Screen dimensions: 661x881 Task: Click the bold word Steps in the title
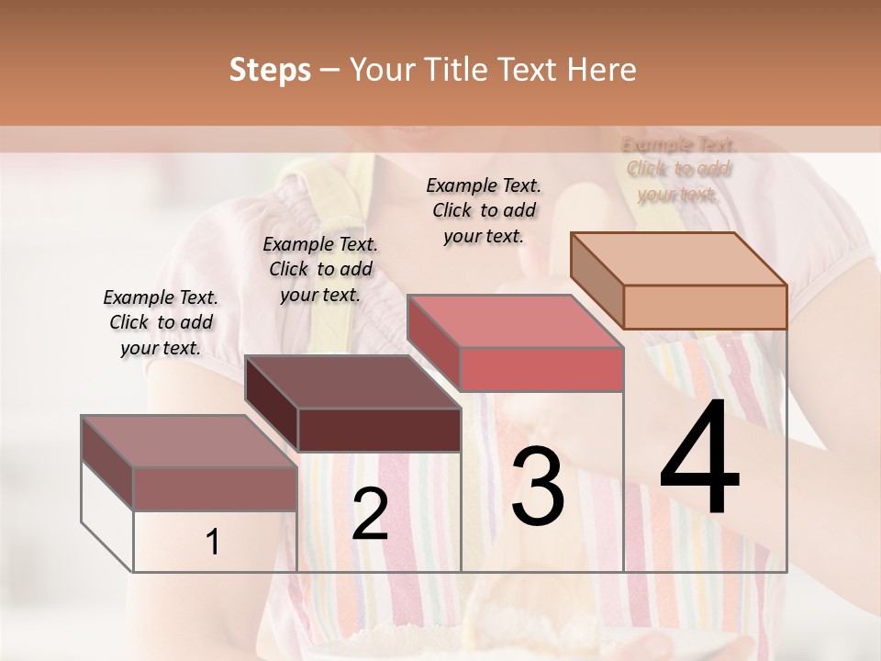pyautogui.click(x=270, y=70)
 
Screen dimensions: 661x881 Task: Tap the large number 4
pyautogui.click(x=699, y=460)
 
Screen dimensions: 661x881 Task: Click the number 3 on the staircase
pyautogui.click(x=538, y=487)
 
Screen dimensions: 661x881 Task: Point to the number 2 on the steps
pyautogui.click(x=370, y=514)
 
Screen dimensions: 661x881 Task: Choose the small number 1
pyautogui.click(x=213, y=543)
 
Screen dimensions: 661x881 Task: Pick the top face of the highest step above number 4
pyautogui.click(x=679, y=259)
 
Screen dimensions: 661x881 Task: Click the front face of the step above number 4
pyautogui.click(x=705, y=307)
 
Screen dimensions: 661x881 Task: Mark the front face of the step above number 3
pyautogui.click(x=541, y=369)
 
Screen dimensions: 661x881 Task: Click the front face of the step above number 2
pyautogui.click(x=379, y=430)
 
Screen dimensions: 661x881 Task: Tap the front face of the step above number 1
pyautogui.click(x=216, y=488)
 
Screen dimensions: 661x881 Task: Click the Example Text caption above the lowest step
pyautogui.click(x=161, y=322)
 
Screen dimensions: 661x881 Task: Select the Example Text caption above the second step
pyautogui.click(x=320, y=269)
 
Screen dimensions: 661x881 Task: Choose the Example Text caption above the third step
pyautogui.click(x=484, y=210)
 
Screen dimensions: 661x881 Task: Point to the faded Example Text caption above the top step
pyautogui.click(x=679, y=169)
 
